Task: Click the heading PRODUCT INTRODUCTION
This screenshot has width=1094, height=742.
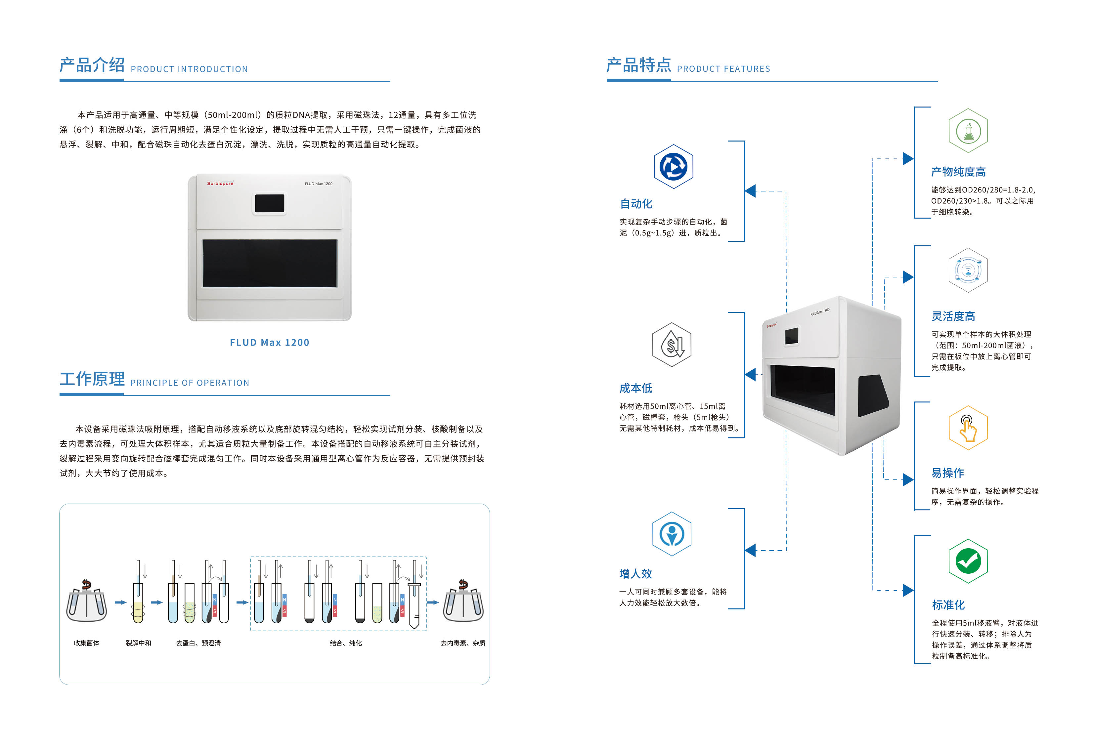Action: (x=189, y=69)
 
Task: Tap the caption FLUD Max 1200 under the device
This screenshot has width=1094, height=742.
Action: (x=269, y=343)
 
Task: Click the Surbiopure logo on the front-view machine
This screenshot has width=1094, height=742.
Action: (x=220, y=184)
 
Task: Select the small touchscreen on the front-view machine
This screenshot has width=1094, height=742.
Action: (x=269, y=203)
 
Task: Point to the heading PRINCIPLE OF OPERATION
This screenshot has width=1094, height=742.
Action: (x=190, y=383)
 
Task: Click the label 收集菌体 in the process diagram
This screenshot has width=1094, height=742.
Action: (x=87, y=643)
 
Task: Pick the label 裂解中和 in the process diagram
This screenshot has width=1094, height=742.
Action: (x=138, y=643)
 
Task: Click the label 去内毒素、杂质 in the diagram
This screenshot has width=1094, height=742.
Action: (x=463, y=643)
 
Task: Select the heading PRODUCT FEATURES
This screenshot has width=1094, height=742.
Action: (x=723, y=69)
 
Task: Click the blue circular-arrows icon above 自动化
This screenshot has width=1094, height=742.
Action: (x=674, y=167)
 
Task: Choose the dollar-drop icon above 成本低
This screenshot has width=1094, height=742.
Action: (x=672, y=345)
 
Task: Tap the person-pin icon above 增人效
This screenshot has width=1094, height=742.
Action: (x=672, y=534)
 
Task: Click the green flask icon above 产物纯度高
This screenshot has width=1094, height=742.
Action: (x=968, y=131)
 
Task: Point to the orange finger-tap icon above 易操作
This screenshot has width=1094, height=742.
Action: (x=968, y=428)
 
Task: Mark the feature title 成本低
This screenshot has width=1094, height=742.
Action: (x=635, y=388)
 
